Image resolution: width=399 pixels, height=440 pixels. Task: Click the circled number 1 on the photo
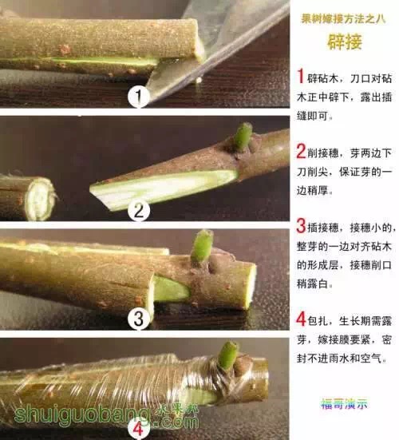[x=140, y=97]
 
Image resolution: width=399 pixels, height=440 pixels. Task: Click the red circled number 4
[x=139, y=424]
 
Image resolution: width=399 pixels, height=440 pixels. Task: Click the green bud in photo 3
[x=203, y=245]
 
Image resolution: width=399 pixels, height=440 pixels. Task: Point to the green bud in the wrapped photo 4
[x=229, y=355]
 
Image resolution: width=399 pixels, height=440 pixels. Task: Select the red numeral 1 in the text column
[x=301, y=76]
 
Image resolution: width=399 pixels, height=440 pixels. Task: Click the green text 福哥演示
[x=344, y=403]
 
